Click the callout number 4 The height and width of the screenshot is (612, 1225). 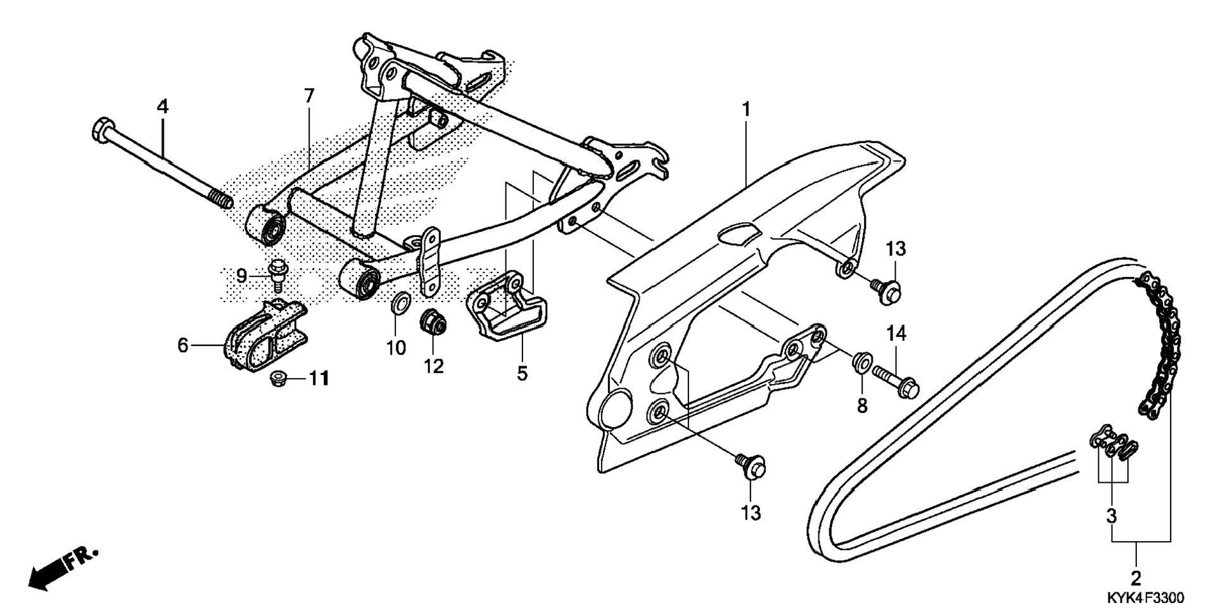(x=163, y=106)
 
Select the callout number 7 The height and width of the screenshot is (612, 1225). (x=308, y=96)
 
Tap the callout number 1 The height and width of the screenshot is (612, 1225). (x=746, y=110)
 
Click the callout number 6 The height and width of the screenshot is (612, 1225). (x=182, y=346)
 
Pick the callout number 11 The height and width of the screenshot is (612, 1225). (x=319, y=379)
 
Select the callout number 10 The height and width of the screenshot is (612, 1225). (x=397, y=348)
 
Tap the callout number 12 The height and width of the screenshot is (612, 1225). (x=434, y=366)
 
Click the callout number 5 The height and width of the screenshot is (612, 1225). (x=521, y=373)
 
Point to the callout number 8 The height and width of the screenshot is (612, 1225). (x=862, y=405)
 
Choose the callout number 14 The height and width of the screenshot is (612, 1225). (x=896, y=333)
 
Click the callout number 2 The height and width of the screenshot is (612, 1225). (x=1135, y=578)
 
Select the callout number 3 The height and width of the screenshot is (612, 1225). (x=1112, y=516)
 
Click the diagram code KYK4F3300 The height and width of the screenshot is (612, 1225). (x=1145, y=597)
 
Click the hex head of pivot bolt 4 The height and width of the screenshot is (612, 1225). (x=101, y=129)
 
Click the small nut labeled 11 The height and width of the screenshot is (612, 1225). (x=277, y=379)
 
